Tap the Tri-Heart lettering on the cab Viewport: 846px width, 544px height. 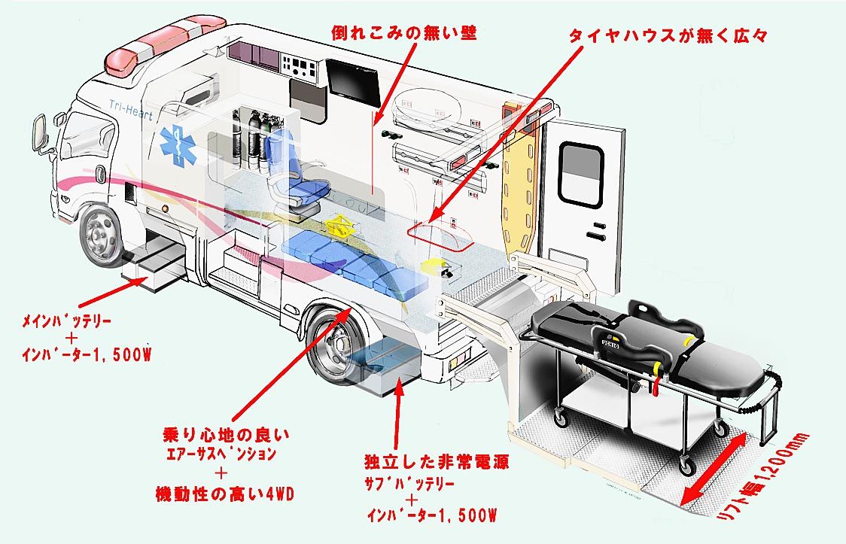(131, 110)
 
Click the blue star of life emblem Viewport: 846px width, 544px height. (178, 146)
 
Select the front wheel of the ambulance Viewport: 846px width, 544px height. (101, 233)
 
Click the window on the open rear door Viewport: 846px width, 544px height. (582, 175)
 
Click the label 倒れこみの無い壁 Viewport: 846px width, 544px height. (404, 34)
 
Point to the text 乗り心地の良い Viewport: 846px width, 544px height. (227, 435)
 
